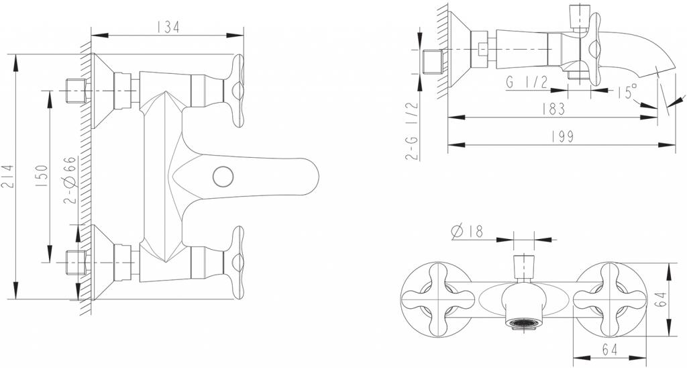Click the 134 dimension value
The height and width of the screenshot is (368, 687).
tap(167, 27)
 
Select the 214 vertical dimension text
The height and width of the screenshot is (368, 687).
tap(8, 176)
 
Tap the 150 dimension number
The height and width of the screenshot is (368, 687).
tap(41, 177)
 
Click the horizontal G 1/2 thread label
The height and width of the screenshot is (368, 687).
tap(529, 83)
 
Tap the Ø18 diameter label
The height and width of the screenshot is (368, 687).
tap(468, 232)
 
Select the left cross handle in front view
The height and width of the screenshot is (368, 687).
tap(429, 296)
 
